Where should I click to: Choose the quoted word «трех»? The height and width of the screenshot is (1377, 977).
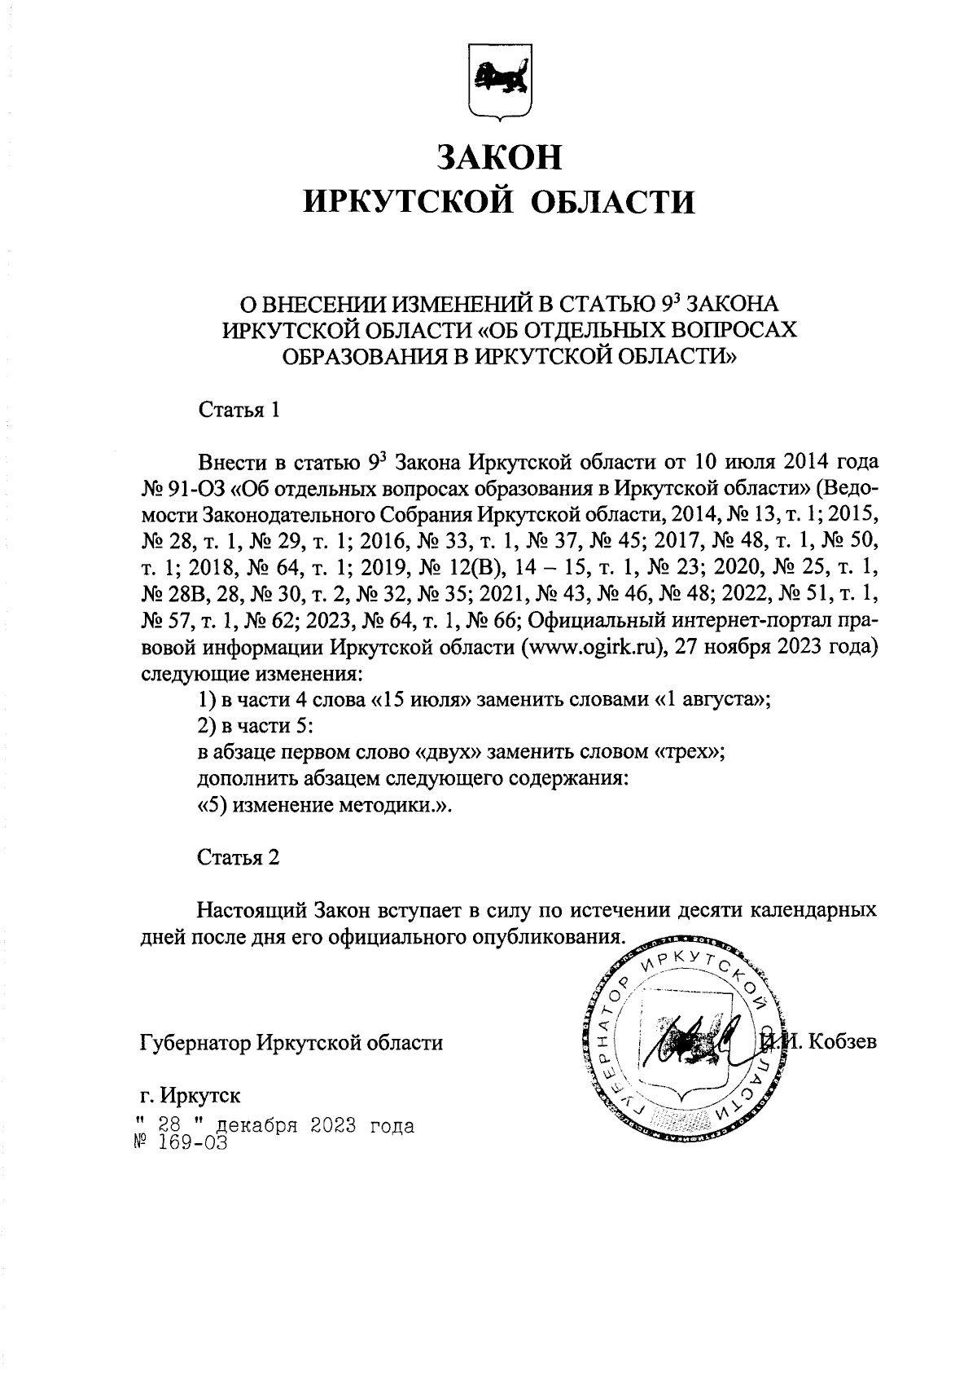point(689,753)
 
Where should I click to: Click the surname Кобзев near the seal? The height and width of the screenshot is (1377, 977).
point(843,1042)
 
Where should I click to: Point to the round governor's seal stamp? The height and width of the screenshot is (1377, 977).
point(688,1042)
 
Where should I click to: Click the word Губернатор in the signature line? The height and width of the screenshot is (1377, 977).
point(193,1042)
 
